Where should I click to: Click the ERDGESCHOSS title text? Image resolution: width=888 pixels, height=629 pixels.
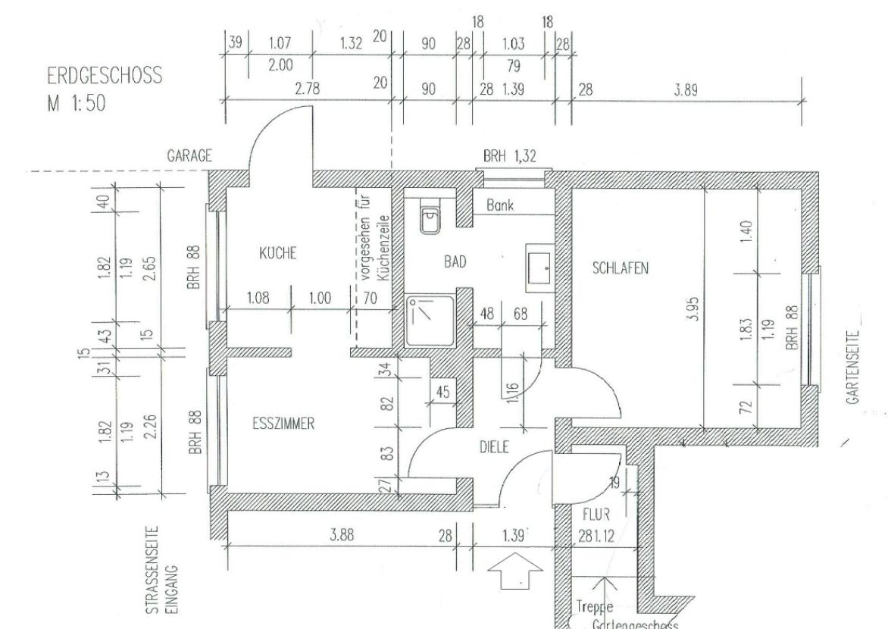click(x=105, y=78)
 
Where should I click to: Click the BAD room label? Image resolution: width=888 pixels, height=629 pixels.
click(x=455, y=261)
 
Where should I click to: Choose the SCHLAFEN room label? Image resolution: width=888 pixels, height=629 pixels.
click(x=621, y=268)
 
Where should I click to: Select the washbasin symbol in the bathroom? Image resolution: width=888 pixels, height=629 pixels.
click(x=538, y=268)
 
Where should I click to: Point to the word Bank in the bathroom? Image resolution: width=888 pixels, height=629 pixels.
click(x=500, y=205)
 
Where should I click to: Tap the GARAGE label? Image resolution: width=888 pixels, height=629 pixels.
click(x=189, y=156)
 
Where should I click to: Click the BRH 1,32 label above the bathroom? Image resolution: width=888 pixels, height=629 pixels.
click(x=510, y=156)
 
